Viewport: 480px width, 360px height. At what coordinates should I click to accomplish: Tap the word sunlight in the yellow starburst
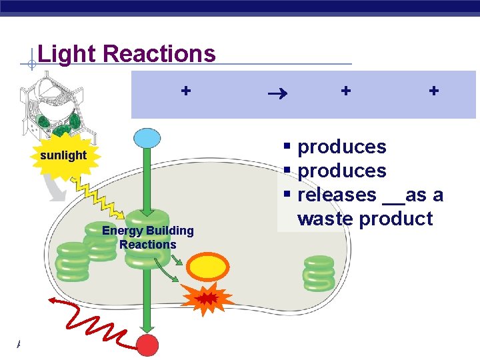(63, 155)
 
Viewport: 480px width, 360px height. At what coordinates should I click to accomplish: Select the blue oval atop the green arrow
(147, 138)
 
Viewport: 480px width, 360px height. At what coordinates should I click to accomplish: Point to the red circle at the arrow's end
(147, 346)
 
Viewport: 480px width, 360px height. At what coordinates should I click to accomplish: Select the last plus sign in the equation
(434, 90)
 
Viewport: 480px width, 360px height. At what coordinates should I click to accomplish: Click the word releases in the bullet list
(337, 195)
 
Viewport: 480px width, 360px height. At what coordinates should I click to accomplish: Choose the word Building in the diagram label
(170, 231)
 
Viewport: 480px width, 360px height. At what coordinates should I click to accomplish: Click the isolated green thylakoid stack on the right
(319, 273)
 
